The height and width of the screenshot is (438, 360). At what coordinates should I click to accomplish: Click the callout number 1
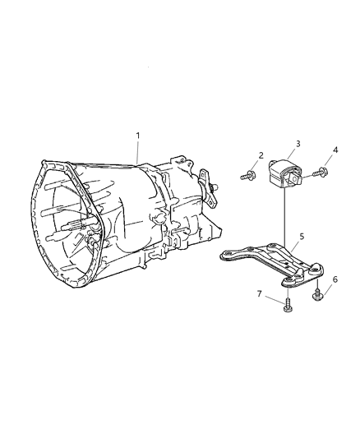tap(138, 136)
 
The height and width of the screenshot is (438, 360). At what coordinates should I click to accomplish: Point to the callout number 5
tap(301, 237)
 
